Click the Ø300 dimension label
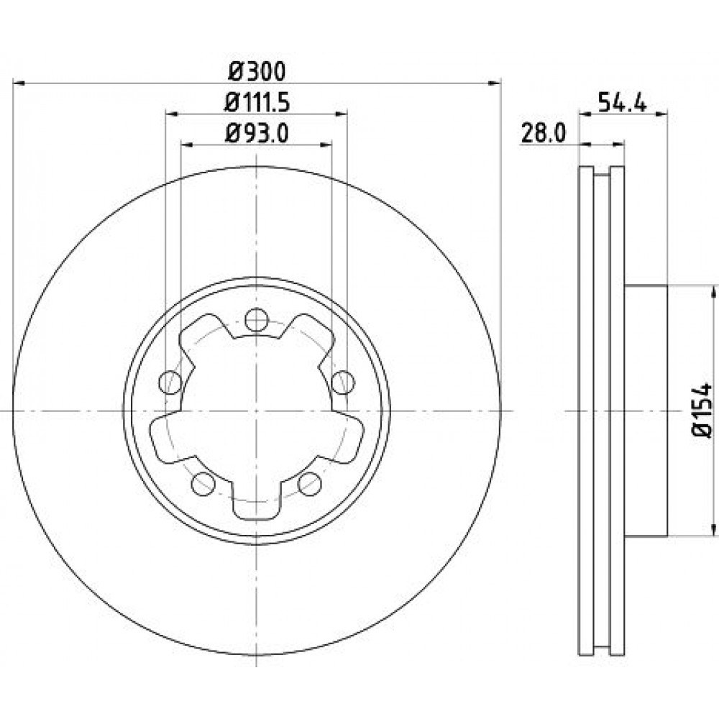[257, 71]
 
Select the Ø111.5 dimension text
[257, 103]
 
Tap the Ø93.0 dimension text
[257, 134]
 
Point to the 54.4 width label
[622, 102]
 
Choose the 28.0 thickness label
[544, 134]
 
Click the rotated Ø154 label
[702, 411]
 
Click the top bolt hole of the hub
[257, 320]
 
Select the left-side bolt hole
[170, 382]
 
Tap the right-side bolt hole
[343, 382]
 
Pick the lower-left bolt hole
[203, 484]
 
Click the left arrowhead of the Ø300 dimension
[19, 83]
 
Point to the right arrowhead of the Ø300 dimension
[495, 83]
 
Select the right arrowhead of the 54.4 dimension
[661, 114]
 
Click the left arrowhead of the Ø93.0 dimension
[187, 145]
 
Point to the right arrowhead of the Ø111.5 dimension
[341, 114]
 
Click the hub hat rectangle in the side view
[646, 411]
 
